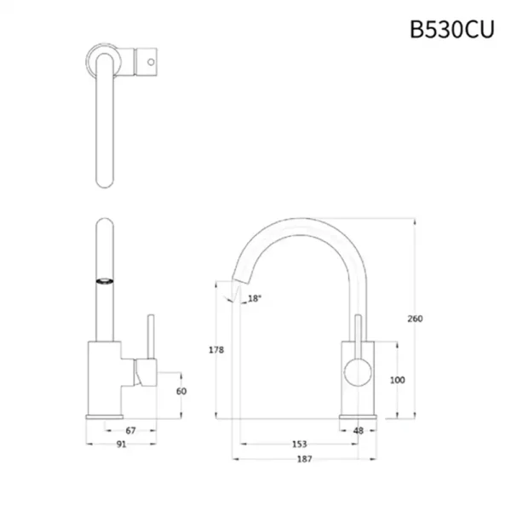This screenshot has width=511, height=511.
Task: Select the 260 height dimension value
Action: click(x=415, y=319)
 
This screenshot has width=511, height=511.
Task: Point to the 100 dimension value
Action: click(x=397, y=381)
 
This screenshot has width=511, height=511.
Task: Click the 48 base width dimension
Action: click(x=358, y=431)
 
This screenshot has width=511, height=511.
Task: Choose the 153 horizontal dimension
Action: click(x=299, y=445)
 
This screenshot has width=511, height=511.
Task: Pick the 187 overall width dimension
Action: click(x=305, y=459)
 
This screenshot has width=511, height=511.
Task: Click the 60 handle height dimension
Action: click(x=181, y=391)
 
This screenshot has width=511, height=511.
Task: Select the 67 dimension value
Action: click(x=130, y=431)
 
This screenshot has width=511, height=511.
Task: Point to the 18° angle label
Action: click(x=254, y=298)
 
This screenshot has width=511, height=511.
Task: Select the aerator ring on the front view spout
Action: click(x=104, y=279)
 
